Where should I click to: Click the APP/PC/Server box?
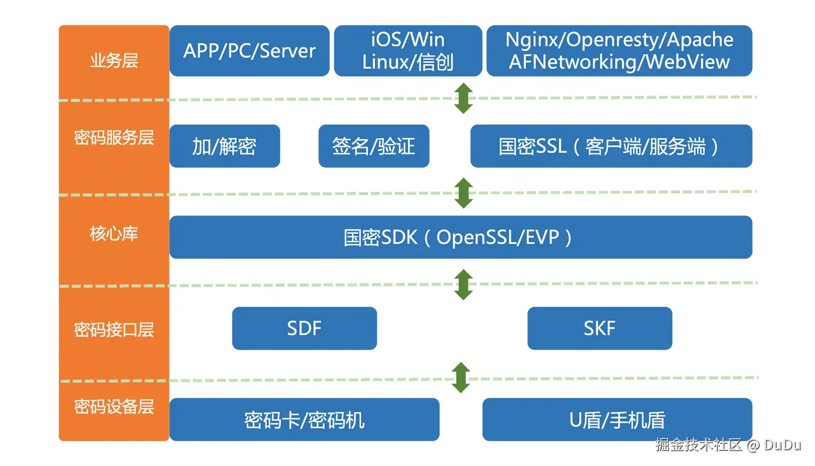coord(249,51)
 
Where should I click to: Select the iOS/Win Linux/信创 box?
coord(408,51)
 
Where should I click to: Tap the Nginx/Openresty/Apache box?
coord(619,51)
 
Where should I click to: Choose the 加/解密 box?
coord(225,146)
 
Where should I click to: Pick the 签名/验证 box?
coord(373,146)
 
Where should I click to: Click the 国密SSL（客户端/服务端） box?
coord(611,146)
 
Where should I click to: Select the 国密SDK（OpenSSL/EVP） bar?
coord(460,237)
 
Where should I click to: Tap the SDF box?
coord(304,329)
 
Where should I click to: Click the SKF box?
coord(600,329)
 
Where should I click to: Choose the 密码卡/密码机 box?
coord(304,419)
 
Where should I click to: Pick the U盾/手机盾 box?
coord(617,419)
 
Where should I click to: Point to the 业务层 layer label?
coord(114,61)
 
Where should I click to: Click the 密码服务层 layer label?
coord(114,137)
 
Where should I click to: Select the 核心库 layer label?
coord(114,234)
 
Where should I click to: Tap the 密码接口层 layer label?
coord(114,330)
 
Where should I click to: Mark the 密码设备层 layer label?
coord(114,406)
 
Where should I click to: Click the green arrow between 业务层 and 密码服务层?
coord(463,98)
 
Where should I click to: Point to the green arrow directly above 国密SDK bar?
coord(463,193)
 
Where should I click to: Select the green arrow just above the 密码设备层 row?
coord(461,377)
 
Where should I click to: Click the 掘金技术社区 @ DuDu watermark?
coord(728,446)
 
